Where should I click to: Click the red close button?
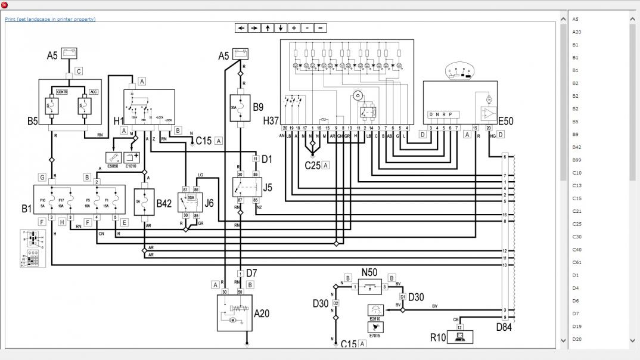[5, 5]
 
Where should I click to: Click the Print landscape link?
[50, 19]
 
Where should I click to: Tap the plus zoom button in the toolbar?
[294, 28]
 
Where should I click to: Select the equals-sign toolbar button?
[320, 28]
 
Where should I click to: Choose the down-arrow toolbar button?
[281, 28]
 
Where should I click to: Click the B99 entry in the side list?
[576, 160]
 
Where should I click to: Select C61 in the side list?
[577, 262]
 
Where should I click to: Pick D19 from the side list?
[577, 326]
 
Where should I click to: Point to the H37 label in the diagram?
[271, 121]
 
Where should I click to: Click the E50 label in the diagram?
[505, 121]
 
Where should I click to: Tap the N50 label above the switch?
[369, 273]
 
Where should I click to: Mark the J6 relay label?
[209, 203]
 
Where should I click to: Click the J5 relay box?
[244, 187]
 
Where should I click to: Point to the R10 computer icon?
[460, 337]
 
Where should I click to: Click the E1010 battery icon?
[132, 157]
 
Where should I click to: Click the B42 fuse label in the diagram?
[164, 203]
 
